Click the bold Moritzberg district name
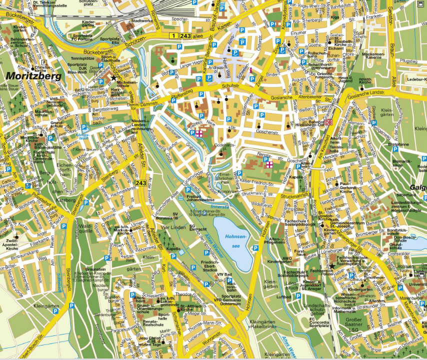coord(34,76)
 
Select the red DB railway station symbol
coord(328,122)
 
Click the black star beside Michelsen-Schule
coord(114,78)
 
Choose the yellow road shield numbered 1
coord(173,35)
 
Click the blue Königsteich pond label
coord(82,136)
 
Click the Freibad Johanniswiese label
coord(196,198)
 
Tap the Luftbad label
coord(283,296)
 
